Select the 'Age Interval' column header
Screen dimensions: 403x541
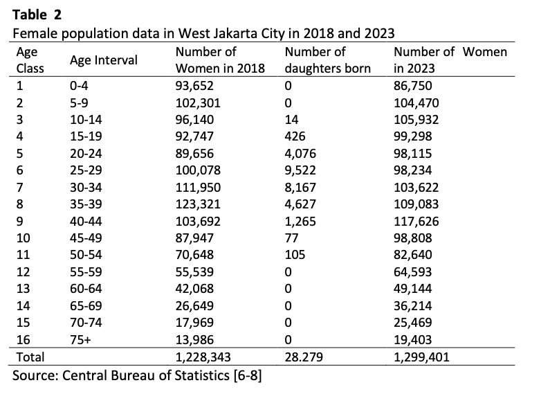pos(103,60)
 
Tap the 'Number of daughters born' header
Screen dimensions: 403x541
pos(327,60)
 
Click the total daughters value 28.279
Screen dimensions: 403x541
pos(303,357)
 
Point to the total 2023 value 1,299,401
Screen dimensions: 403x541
pos(423,357)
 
